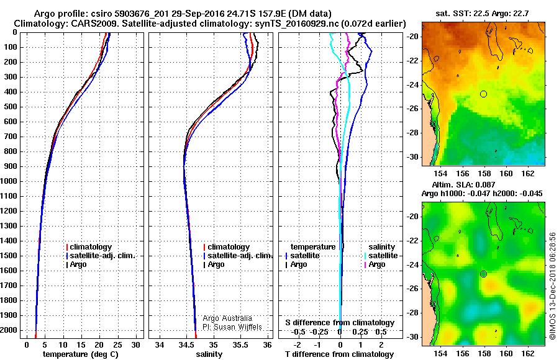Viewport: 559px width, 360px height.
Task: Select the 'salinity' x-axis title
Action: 208,354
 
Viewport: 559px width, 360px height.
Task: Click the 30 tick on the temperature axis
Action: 135,344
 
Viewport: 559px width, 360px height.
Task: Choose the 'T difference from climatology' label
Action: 339,354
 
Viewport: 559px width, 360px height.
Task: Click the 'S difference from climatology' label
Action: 339,323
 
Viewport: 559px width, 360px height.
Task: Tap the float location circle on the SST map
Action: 484,94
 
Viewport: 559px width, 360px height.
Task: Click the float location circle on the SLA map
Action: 484,274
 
